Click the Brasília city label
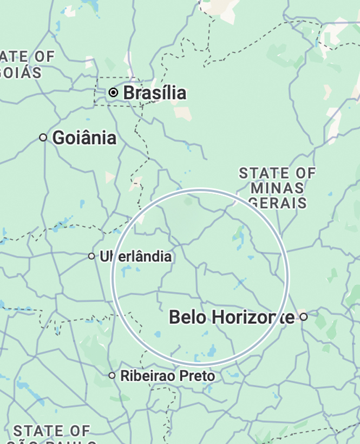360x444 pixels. [x=155, y=93]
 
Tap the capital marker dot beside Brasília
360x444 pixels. [x=113, y=93]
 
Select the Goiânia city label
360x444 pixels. [x=84, y=138]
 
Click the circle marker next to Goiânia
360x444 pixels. [x=43, y=138]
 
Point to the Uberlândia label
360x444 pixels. [x=135, y=256]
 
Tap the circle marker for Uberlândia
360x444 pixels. [x=91, y=256]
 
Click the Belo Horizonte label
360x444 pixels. [x=232, y=317]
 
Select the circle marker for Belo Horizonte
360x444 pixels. [x=304, y=317]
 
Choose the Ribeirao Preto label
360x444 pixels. [x=167, y=376]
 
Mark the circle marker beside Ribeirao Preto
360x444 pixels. [x=112, y=375]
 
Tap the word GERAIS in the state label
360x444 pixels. [x=278, y=203]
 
